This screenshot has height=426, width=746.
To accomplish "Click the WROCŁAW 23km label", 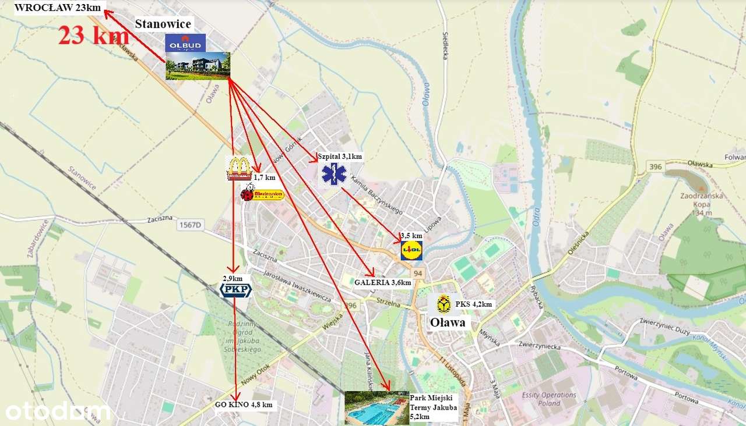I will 58,8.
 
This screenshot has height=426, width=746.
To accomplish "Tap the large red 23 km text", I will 93,36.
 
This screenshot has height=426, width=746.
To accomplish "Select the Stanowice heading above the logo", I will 163,24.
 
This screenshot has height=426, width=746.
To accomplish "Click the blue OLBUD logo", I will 185,42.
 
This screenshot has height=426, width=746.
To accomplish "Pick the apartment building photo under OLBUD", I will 198,66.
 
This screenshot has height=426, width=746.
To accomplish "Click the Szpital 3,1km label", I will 340,156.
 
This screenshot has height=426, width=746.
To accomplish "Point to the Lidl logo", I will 411,250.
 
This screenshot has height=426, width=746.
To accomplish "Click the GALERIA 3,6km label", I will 383,282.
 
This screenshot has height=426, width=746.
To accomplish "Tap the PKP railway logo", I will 235,290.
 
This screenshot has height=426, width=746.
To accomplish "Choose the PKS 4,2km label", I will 474,304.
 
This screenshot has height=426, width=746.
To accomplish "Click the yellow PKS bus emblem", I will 444,304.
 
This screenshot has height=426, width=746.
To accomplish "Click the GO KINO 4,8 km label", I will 244,404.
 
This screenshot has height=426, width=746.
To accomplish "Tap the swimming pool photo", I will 376,408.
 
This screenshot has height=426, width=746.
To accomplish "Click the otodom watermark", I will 58,411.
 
